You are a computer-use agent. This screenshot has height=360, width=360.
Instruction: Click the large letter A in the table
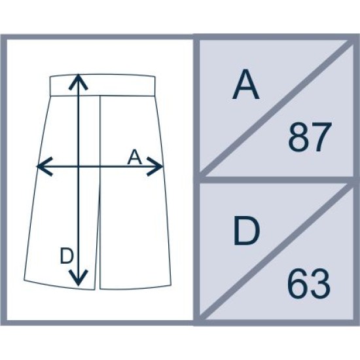click(245, 84)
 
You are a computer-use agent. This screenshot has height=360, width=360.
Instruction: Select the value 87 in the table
click(310, 137)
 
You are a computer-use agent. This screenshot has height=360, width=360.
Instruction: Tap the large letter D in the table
click(247, 231)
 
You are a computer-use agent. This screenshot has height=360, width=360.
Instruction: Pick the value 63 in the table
click(309, 283)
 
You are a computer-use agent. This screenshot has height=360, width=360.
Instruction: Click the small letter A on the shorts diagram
click(135, 157)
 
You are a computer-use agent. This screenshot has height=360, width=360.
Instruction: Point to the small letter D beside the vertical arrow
click(67, 256)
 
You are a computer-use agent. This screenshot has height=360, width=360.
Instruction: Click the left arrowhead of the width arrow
click(45, 166)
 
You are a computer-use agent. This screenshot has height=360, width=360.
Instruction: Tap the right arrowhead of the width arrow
click(154, 166)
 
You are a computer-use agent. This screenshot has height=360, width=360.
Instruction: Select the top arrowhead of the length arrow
click(79, 82)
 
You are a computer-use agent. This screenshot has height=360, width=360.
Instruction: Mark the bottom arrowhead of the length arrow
click(79, 278)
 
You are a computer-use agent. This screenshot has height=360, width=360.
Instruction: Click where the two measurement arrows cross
click(79, 166)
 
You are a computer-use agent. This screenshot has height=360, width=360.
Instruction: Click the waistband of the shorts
click(102, 85)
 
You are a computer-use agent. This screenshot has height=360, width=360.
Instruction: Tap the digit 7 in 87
click(322, 137)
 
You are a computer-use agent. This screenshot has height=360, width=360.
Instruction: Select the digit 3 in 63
click(321, 283)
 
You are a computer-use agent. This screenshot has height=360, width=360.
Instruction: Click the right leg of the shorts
click(135, 207)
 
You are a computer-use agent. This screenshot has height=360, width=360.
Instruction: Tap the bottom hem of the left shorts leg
click(59, 285)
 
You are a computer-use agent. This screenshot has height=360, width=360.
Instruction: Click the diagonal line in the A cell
click(277, 108)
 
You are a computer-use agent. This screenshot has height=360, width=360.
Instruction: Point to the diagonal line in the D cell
click(277, 251)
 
